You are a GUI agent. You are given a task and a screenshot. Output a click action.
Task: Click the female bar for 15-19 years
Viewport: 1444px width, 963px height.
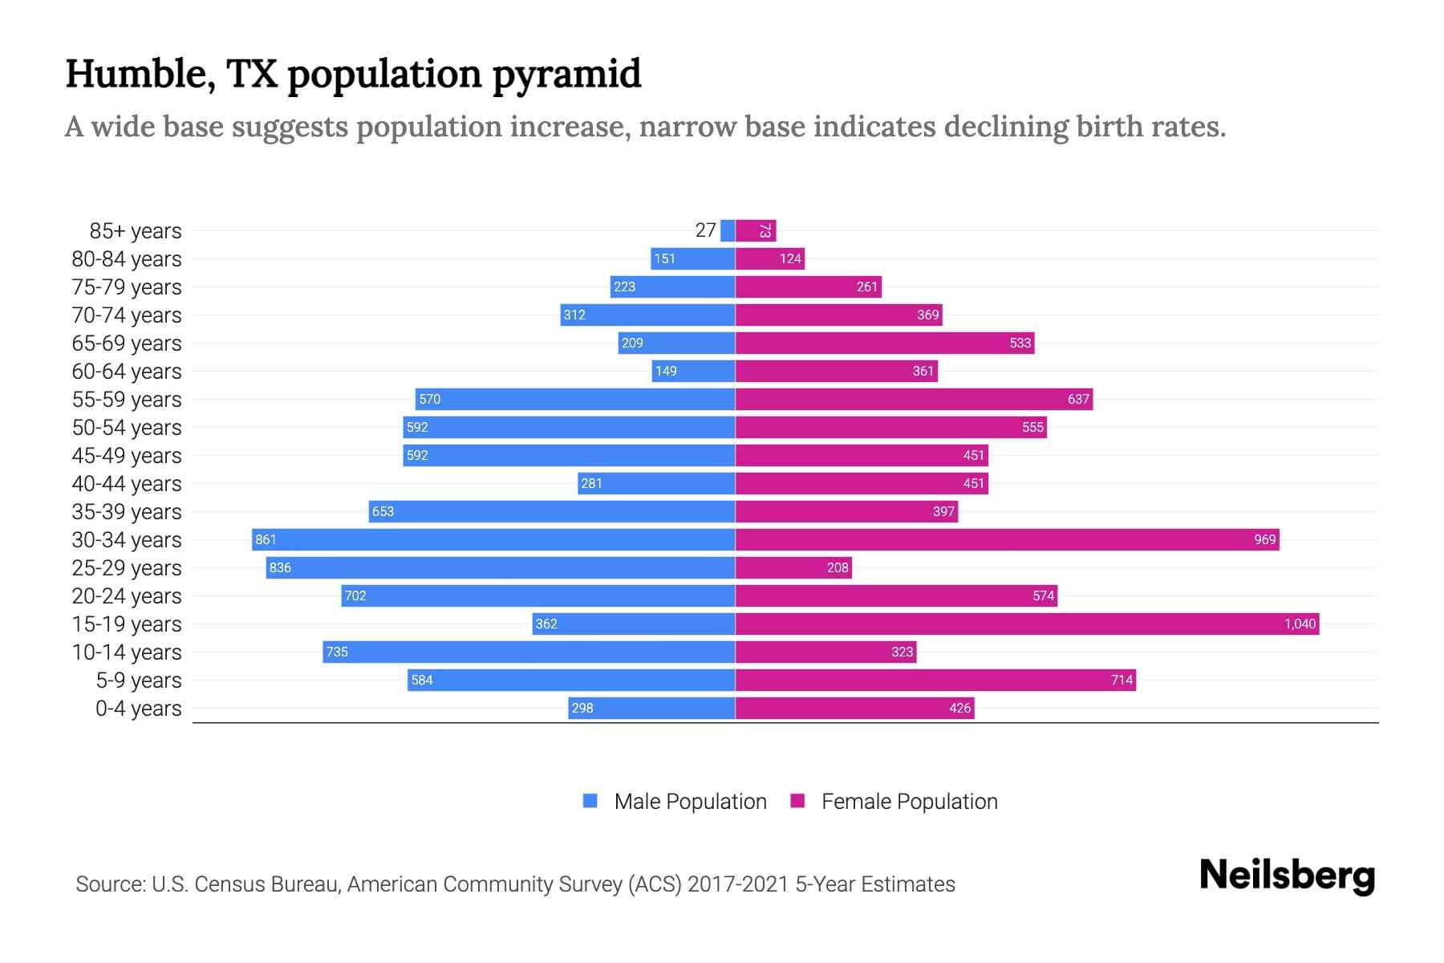(1027, 624)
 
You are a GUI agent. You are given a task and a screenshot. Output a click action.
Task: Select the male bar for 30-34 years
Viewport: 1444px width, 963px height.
(493, 539)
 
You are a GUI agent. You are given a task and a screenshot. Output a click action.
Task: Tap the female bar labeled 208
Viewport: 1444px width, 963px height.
(793, 567)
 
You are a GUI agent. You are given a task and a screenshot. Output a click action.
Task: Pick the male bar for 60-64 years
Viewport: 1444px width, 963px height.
(694, 371)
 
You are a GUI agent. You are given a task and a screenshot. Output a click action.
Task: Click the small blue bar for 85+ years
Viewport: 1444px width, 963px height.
(728, 230)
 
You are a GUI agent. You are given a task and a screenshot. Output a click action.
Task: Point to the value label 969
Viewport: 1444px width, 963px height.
(1264, 539)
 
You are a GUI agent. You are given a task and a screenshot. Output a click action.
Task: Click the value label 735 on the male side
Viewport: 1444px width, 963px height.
(337, 652)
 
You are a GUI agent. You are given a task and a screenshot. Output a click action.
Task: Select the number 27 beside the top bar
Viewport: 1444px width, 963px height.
(705, 230)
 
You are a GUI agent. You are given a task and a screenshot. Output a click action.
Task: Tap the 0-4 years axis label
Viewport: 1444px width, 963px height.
(138, 708)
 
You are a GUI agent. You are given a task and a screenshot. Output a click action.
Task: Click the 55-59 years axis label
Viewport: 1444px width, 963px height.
(127, 399)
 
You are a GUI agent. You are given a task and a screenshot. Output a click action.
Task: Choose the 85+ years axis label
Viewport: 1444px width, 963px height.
(135, 230)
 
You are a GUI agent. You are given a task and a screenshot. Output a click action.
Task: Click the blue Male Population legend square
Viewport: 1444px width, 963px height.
(590, 801)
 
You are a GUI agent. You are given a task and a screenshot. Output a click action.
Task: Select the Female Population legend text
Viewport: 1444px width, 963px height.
(909, 801)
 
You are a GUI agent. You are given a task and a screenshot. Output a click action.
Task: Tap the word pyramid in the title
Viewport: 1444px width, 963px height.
(566, 74)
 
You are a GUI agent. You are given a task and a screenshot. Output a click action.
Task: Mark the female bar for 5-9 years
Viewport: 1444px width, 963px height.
(935, 680)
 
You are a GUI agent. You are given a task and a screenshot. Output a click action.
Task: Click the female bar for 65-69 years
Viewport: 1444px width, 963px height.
(885, 343)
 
